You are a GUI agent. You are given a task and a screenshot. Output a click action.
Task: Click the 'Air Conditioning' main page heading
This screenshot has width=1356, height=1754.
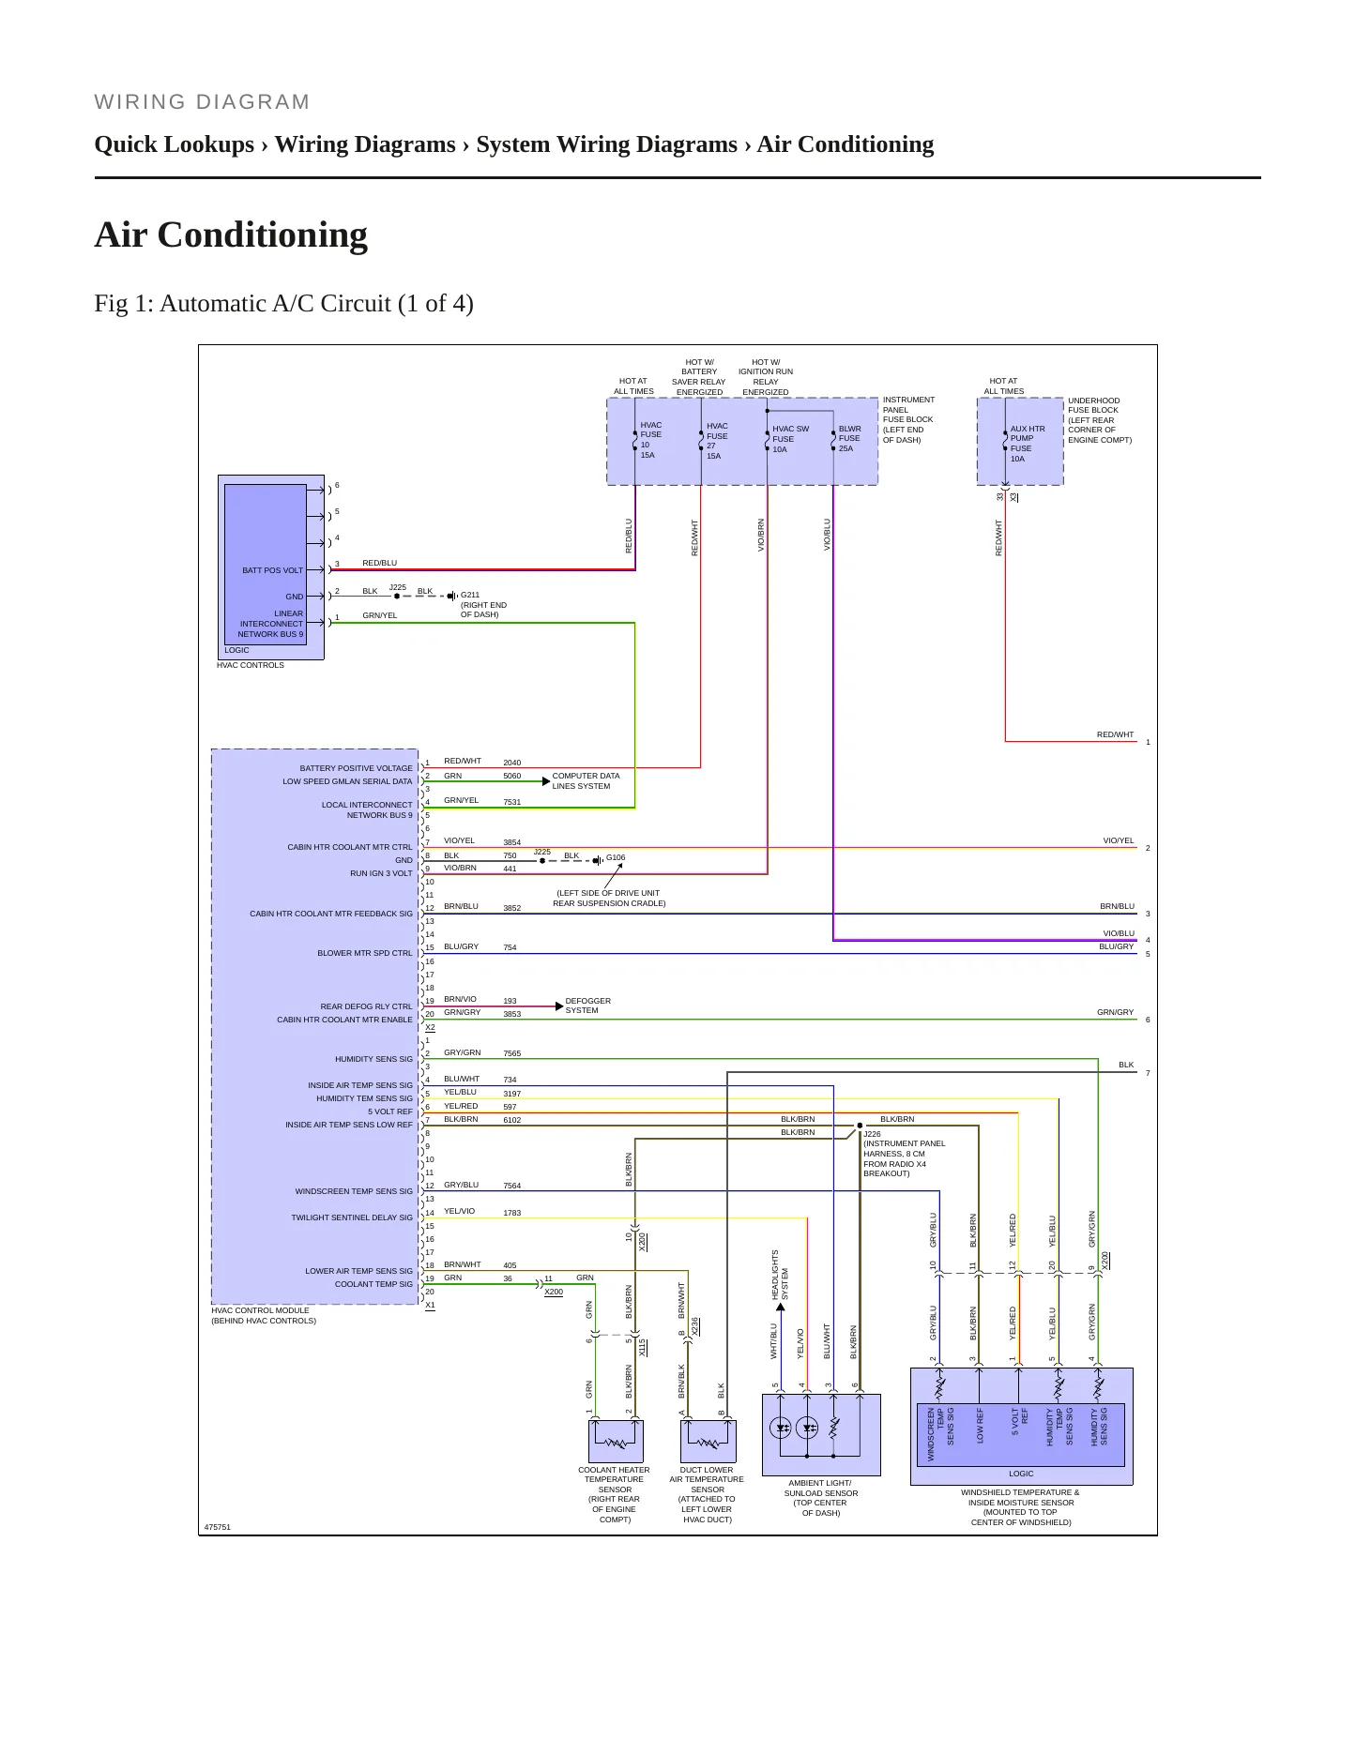point(231,234)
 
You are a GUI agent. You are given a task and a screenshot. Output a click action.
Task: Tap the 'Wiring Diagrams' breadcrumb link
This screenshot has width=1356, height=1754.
point(365,144)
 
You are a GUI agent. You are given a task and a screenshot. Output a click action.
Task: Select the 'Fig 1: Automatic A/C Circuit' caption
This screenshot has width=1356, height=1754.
point(283,304)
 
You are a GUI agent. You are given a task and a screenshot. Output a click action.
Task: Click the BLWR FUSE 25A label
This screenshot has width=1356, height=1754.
point(849,439)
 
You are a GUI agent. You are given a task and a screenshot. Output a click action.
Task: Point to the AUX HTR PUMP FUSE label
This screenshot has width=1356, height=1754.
point(1027,444)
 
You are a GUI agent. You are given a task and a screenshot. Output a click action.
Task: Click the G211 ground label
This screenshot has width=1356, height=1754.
point(470,595)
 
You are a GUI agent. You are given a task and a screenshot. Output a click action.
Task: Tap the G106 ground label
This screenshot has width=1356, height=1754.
point(616,857)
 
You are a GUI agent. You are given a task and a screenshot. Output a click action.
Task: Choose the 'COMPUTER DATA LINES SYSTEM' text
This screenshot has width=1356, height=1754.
point(586,781)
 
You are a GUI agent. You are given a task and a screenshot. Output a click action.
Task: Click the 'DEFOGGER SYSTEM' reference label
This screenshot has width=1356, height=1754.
point(587,1006)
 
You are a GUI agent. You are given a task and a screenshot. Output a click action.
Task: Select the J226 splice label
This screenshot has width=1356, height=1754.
point(872,1134)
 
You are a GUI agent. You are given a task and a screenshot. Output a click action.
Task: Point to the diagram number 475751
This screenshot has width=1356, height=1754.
point(218,1527)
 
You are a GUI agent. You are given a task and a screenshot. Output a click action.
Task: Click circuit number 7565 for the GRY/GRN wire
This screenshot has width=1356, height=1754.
point(512,1054)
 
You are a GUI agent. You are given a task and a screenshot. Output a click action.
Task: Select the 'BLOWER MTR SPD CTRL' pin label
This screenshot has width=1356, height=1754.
point(365,953)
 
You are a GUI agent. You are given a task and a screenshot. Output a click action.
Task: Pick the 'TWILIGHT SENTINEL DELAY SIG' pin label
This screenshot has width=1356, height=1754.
point(352,1217)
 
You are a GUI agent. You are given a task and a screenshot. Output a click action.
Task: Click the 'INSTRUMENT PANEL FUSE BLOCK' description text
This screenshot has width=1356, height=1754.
point(908,420)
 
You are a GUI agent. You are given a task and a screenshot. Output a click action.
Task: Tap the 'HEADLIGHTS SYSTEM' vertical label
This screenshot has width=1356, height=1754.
point(781,1276)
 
